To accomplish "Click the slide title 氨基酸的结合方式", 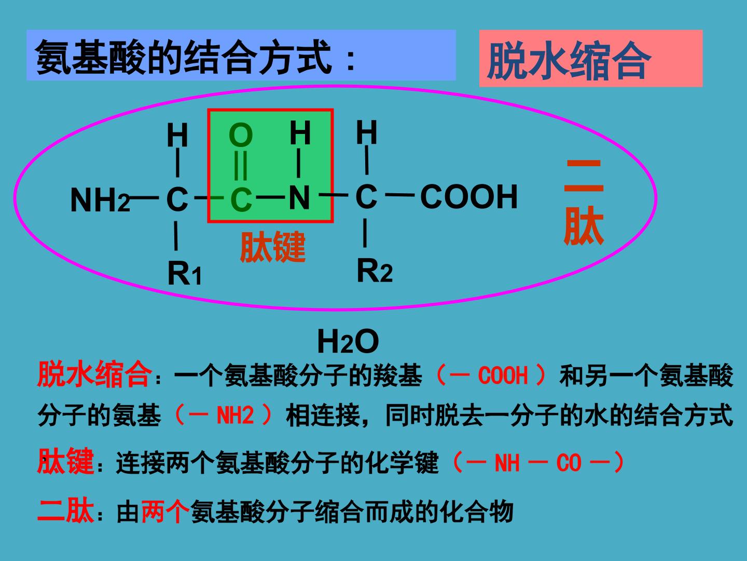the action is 184,57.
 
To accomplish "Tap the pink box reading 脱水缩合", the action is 591,58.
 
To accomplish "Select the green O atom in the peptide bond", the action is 241,135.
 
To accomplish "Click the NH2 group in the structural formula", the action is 100,200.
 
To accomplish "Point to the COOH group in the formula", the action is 469,196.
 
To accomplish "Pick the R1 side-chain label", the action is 185,273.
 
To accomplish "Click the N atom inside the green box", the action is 299,197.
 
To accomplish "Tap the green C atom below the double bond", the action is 241,200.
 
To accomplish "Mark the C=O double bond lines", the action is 241,165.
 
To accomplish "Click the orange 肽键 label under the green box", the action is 272,247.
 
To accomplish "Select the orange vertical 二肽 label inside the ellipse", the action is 584,202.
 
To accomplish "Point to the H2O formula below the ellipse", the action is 348,342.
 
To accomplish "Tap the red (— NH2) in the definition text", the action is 223,415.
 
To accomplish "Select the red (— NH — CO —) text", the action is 538,462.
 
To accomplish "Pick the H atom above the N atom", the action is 300,133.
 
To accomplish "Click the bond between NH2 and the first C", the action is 144,197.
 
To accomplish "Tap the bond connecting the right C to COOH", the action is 400,195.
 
